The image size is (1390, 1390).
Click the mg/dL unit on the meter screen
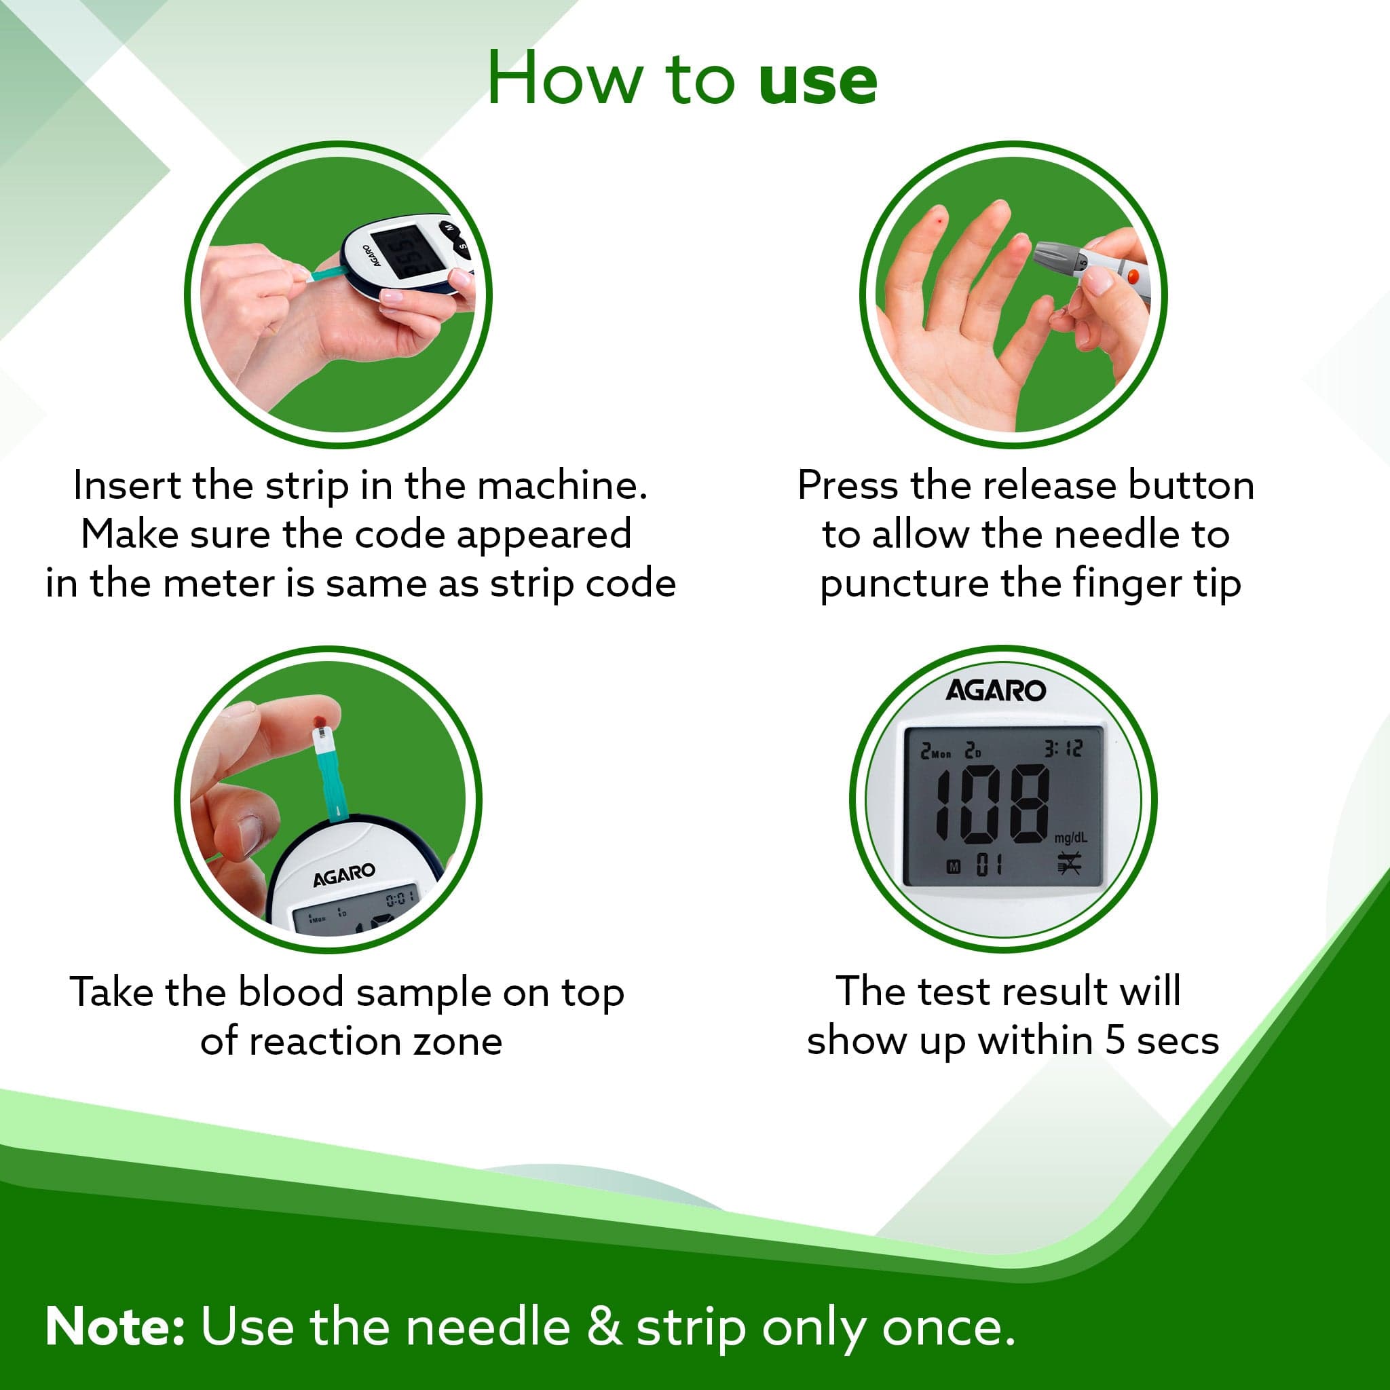pyautogui.click(x=1071, y=838)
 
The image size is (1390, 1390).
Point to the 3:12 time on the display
pyautogui.click(x=1064, y=749)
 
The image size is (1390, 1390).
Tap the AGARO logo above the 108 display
pyautogui.click(x=996, y=691)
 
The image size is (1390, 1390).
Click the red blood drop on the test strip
pyautogui.click(x=320, y=720)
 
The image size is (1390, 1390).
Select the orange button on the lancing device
pyautogui.click(x=1133, y=276)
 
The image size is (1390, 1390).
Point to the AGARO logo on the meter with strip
pyautogui.click(x=344, y=876)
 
